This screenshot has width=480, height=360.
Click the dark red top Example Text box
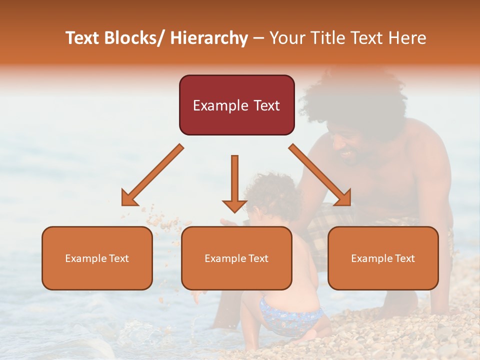pos(236,105)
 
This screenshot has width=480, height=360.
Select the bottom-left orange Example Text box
pos(97,258)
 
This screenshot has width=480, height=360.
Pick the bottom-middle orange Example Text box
pos(236,258)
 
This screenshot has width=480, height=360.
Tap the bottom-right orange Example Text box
pos(383,258)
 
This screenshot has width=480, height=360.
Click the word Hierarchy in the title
pos(209,38)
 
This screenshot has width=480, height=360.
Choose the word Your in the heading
pos(286,38)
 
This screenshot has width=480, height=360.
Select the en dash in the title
pos(258,38)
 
